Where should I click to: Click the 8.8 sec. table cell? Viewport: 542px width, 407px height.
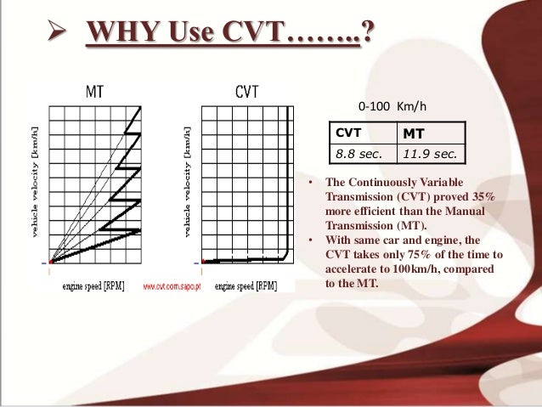coord(358,154)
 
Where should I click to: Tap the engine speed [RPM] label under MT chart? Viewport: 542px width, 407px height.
coord(93,286)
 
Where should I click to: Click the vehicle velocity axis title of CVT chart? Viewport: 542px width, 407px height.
coord(188,183)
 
